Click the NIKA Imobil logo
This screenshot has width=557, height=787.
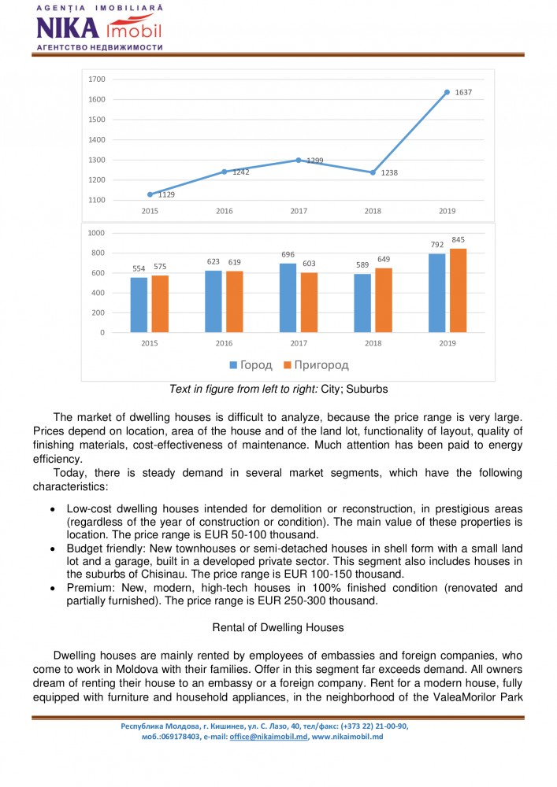tap(98, 28)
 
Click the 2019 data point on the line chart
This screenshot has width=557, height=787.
tap(447, 92)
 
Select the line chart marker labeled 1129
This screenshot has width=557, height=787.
tap(150, 194)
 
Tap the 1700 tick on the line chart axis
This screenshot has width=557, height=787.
tap(97, 79)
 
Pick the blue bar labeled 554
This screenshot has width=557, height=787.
tap(139, 305)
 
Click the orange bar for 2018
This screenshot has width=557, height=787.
tap(384, 300)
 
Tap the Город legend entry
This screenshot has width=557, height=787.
tap(251, 365)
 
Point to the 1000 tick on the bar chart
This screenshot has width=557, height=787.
tap(97, 234)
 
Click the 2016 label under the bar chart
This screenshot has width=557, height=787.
tap(224, 344)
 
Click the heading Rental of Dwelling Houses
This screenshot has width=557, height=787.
tap(279, 627)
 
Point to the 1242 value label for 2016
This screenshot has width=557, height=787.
tap(241, 172)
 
